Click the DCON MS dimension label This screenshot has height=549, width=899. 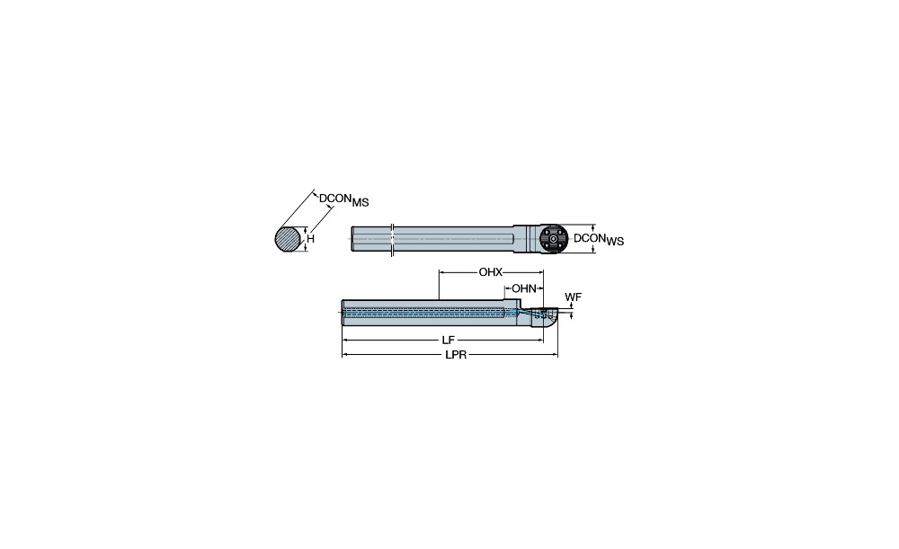(344, 200)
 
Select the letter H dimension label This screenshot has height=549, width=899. (311, 239)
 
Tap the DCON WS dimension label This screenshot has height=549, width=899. (599, 239)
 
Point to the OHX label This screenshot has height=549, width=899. (490, 272)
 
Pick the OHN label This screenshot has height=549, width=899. (524, 288)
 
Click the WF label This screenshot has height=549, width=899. (573, 297)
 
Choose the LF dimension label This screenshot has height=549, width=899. (449, 341)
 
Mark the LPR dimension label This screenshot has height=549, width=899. (456, 355)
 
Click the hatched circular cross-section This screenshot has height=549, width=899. (288, 239)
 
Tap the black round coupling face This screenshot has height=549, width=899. (553, 239)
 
